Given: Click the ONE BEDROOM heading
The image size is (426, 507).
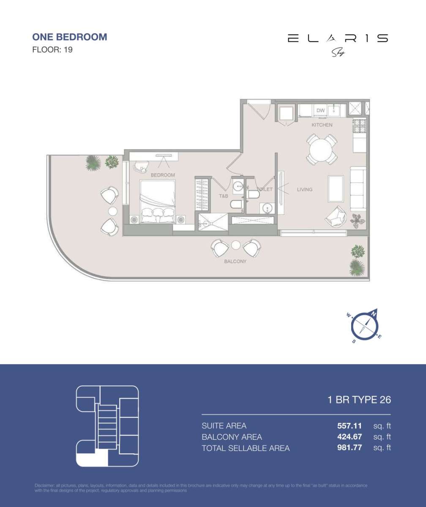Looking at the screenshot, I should tap(69, 37).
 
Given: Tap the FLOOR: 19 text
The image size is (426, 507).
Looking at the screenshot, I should tap(52, 50).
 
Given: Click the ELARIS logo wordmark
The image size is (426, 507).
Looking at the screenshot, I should tap(337, 38).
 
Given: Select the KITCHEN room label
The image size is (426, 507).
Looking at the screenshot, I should tap(322, 125).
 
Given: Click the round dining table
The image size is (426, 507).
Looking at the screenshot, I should tap(322, 149).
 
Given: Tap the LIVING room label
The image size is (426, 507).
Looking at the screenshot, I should tap(304, 190).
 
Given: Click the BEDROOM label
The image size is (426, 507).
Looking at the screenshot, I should tap(163, 175).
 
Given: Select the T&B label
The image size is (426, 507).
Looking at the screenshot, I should tap(223, 196).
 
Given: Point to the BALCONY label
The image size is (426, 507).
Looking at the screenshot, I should tap(235, 262).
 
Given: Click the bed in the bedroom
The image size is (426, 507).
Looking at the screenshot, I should tap(158, 201).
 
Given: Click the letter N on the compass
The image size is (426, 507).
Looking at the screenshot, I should tap(374, 313).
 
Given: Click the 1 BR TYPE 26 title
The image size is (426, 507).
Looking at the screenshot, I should tap(359, 400).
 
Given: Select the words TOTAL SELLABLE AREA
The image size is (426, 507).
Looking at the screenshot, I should tap(246, 448).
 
